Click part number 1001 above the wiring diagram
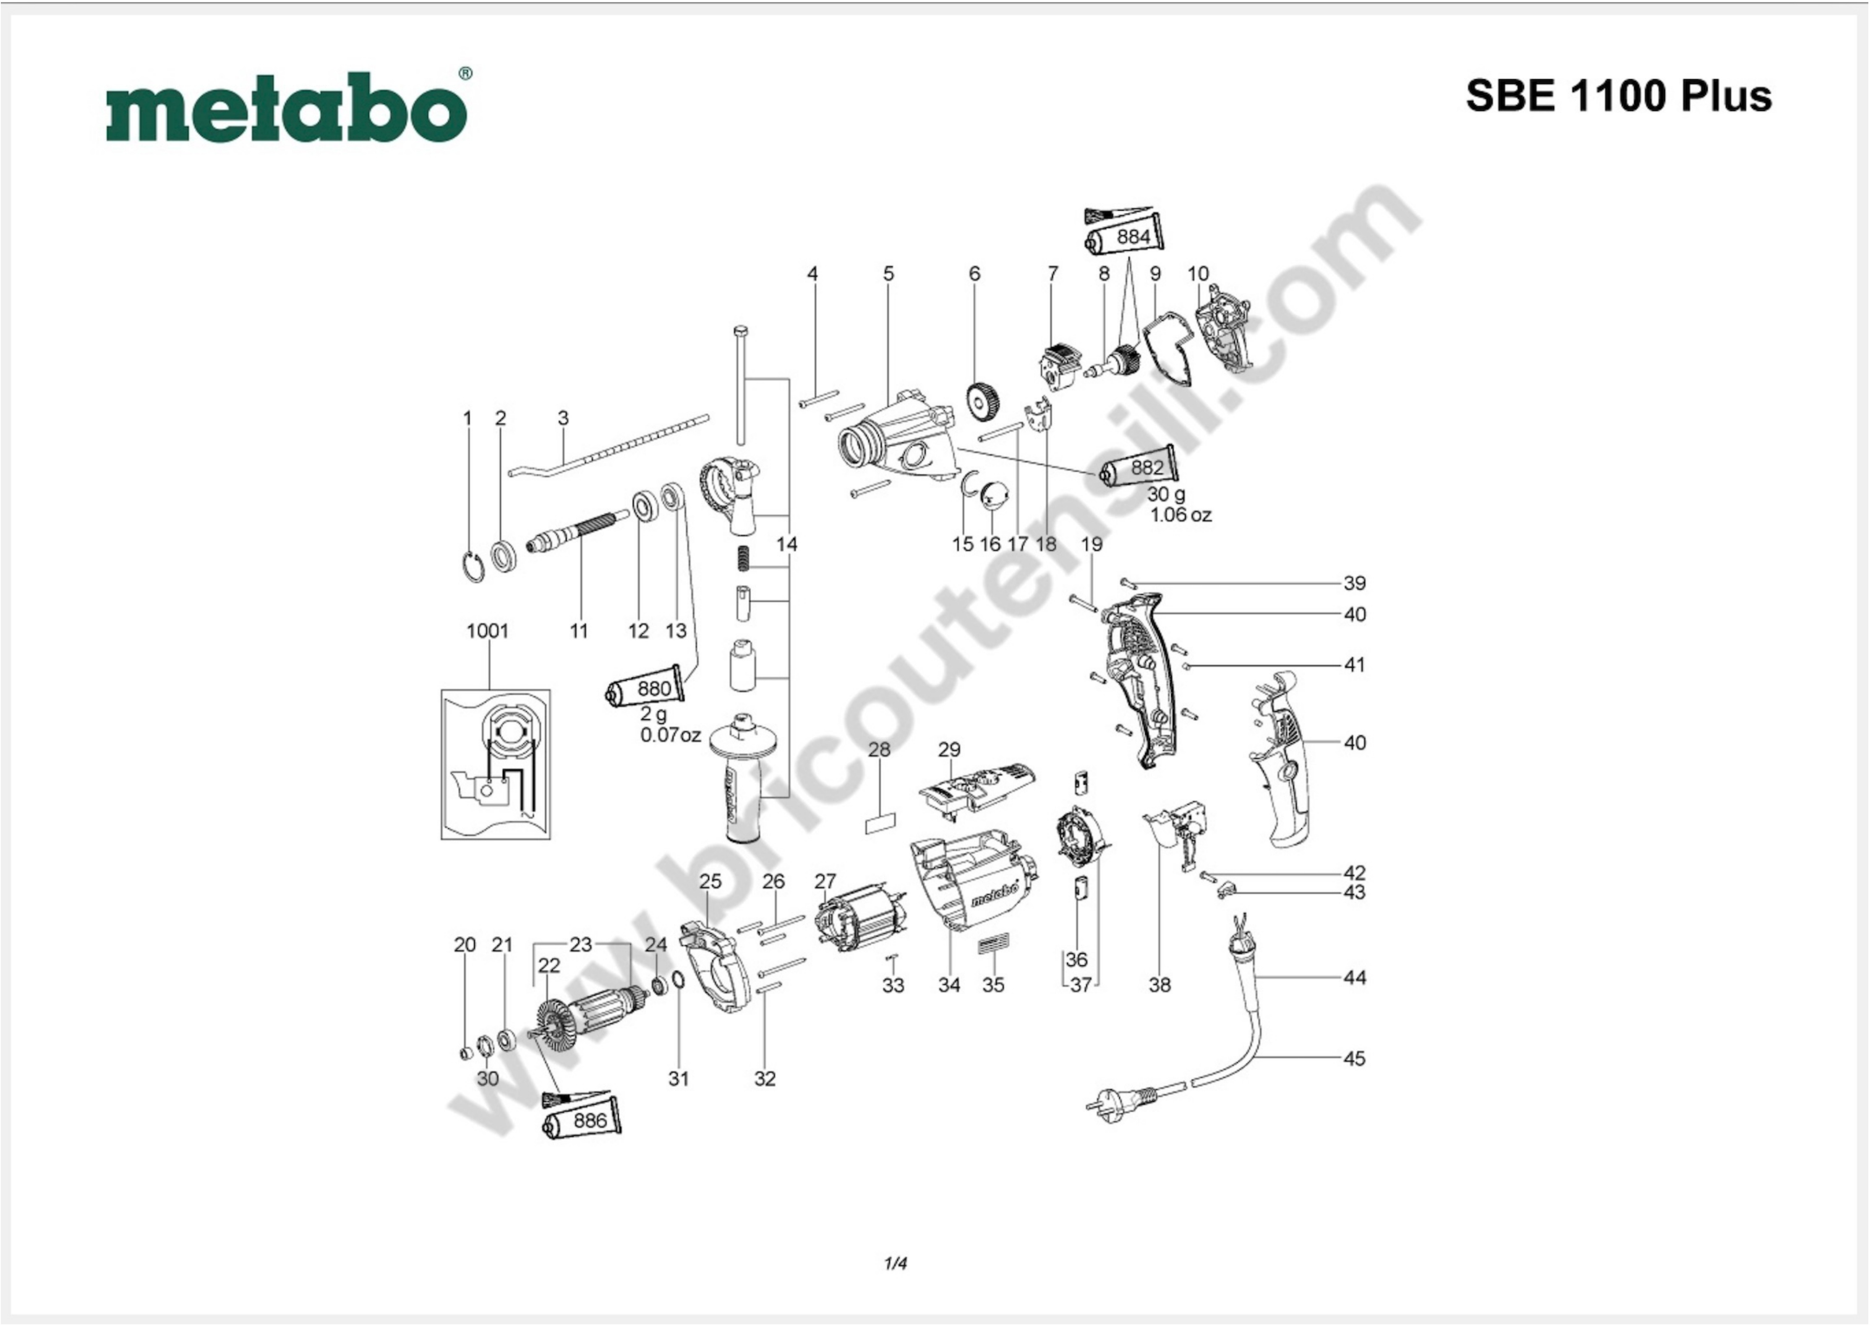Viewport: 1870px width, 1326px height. point(488,631)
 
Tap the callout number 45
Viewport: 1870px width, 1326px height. point(1355,1058)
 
